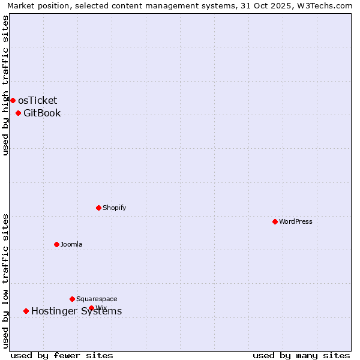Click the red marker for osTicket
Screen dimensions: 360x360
point(13,100)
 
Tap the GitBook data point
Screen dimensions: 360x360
point(18,113)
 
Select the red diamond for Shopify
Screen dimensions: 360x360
point(98,208)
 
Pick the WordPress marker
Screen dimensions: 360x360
point(275,221)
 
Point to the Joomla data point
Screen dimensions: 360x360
point(56,244)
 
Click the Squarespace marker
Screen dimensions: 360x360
point(72,299)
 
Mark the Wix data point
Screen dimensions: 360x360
point(91,308)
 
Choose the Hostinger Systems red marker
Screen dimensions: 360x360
point(26,311)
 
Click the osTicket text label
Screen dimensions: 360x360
point(38,100)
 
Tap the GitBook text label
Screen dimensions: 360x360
point(42,113)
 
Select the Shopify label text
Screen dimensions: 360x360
point(115,208)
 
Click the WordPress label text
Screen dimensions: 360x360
point(296,221)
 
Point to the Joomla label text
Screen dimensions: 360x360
point(71,244)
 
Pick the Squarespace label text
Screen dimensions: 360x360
point(97,299)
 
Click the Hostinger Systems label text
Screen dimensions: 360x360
point(76,311)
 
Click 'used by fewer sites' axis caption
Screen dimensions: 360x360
point(62,355)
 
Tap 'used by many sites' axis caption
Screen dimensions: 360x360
point(301,355)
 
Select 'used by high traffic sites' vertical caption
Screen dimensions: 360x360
point(5,85)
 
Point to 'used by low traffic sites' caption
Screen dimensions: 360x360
point(5,280)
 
